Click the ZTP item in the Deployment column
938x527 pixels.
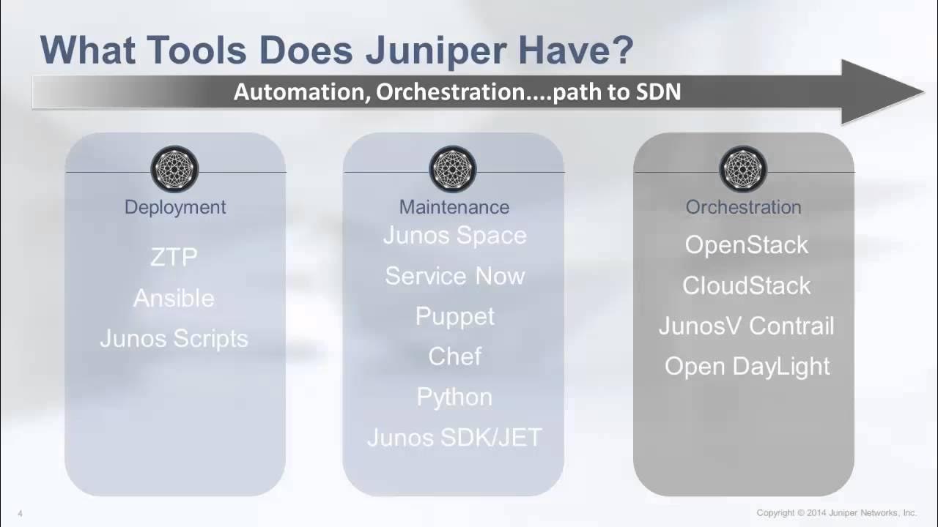coord(174,258)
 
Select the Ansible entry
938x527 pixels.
coord(174,299)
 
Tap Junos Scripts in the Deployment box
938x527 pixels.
coord(174,339)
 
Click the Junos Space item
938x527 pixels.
coord(454,236)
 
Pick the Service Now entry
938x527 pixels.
coord(454,276)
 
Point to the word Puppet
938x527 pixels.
coord(454,316)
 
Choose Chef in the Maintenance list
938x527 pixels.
coord(454,356)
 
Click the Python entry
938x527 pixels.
coord(454,397)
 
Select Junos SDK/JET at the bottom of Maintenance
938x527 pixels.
coord(454,438)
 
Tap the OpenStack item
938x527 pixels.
coord(746,245)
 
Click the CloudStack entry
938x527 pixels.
coord(746,285)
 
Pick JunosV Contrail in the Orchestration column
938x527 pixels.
coord(746,326)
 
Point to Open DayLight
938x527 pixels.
coord(746,366)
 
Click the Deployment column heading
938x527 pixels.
coord(175,207)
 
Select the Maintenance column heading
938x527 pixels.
coord(454,207)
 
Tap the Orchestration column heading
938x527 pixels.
coord(743,207)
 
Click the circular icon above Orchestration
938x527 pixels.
coord(743,169)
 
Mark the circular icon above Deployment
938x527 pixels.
coord(174,169)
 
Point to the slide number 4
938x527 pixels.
coord(20,514)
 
